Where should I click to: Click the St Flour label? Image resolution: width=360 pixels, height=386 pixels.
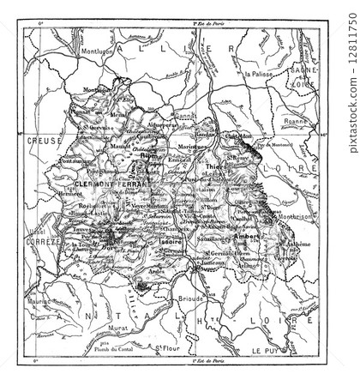tap(166, 347)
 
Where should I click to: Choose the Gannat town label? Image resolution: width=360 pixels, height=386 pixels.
tap(181, 114)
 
